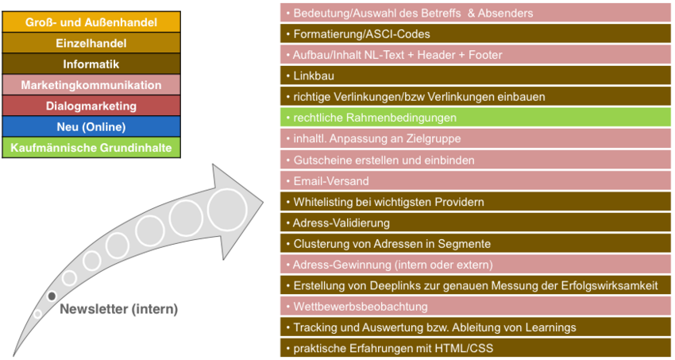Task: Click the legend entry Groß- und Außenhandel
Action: (91, 22)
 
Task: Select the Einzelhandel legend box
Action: (91, 43)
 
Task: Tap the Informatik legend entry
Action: (91, 64)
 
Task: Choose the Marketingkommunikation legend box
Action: (91, 85)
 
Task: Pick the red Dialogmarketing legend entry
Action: (91, 106)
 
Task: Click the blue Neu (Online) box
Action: (91, 126)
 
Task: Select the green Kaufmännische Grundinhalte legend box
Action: (91, 148)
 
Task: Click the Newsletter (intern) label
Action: (119, 309)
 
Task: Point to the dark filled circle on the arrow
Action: (52, 296)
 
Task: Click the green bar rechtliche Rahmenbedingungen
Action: (475, 118)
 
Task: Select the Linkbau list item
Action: (475, 75)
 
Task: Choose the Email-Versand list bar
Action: (475, 181)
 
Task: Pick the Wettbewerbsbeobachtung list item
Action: (475, 307)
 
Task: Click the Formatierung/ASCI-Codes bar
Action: (475, 33)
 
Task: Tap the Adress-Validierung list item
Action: (475, 223)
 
